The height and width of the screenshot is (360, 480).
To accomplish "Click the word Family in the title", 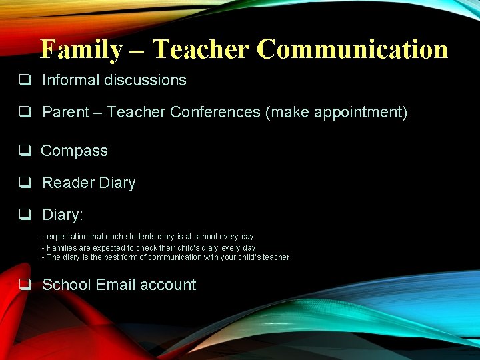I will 81,49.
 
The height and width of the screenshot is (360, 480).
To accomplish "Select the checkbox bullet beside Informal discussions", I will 25,80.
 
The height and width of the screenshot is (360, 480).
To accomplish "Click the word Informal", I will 71,80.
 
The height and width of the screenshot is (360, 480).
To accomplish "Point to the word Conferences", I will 215,112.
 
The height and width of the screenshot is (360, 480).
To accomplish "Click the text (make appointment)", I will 336,112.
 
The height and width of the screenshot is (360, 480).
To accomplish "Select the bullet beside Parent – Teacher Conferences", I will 25,112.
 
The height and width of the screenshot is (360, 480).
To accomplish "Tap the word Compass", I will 74,151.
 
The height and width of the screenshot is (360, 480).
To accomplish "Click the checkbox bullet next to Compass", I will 25,151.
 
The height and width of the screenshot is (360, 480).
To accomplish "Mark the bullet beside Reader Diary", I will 25,183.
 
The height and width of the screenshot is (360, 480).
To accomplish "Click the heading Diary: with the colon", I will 63,215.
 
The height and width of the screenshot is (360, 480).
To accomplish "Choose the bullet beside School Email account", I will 25,285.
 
